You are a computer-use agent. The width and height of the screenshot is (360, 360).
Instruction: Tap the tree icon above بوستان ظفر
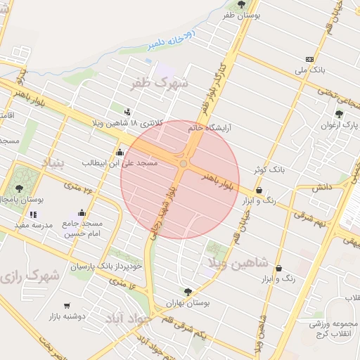point(241,4)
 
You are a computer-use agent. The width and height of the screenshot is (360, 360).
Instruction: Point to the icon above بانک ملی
point(309,59)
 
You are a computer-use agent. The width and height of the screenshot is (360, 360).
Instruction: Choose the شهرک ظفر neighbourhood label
point(160,84)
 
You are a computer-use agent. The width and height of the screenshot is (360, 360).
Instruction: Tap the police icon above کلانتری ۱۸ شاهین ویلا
point(127,111)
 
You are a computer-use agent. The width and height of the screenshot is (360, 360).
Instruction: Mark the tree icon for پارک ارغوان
point(340,114)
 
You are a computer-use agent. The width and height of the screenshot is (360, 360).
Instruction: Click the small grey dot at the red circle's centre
point(183,164)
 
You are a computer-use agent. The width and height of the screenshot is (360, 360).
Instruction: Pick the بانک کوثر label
point(268,169)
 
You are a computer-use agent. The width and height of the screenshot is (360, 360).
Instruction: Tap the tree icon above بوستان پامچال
point(19,188)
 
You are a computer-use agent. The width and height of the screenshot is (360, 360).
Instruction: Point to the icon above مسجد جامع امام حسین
point(82,213)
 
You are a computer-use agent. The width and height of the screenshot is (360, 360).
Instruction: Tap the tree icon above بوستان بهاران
point(187,291)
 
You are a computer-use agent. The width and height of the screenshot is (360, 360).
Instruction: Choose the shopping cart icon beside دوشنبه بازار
point(67,306)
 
